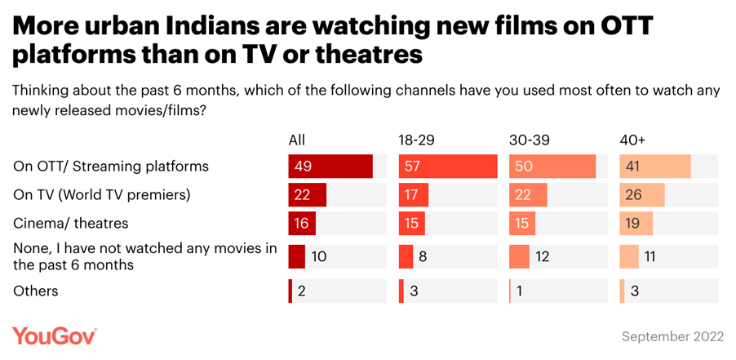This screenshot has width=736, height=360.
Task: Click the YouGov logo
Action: click(55, 336)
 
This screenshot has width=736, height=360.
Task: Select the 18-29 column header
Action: click(417, 140)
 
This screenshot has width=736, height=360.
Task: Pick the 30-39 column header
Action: click(529, 140)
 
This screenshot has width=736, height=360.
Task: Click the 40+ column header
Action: click(633, 140)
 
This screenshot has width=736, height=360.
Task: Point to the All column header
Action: click(296, 140)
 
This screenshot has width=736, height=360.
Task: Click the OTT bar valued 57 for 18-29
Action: click(448, 166)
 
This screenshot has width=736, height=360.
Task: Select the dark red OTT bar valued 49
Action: click(330, 166)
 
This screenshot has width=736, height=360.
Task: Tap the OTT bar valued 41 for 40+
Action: click(655, 166)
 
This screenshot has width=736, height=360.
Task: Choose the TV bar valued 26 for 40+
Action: click(642, 194)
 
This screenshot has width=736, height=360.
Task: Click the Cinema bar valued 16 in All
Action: click(302, 222)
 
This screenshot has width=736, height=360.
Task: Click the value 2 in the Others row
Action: click(302, 291)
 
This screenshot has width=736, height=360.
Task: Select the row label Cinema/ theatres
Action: click(71, 222)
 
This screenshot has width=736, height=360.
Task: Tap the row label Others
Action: click(36, 291)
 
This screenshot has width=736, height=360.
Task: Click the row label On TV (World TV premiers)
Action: click(102, 194)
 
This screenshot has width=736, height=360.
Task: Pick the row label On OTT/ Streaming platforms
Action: click(111, 166)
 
